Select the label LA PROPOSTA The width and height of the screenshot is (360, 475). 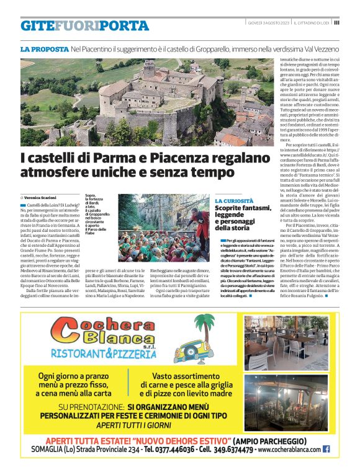[44, 48]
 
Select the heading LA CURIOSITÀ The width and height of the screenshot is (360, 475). [234, 202]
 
